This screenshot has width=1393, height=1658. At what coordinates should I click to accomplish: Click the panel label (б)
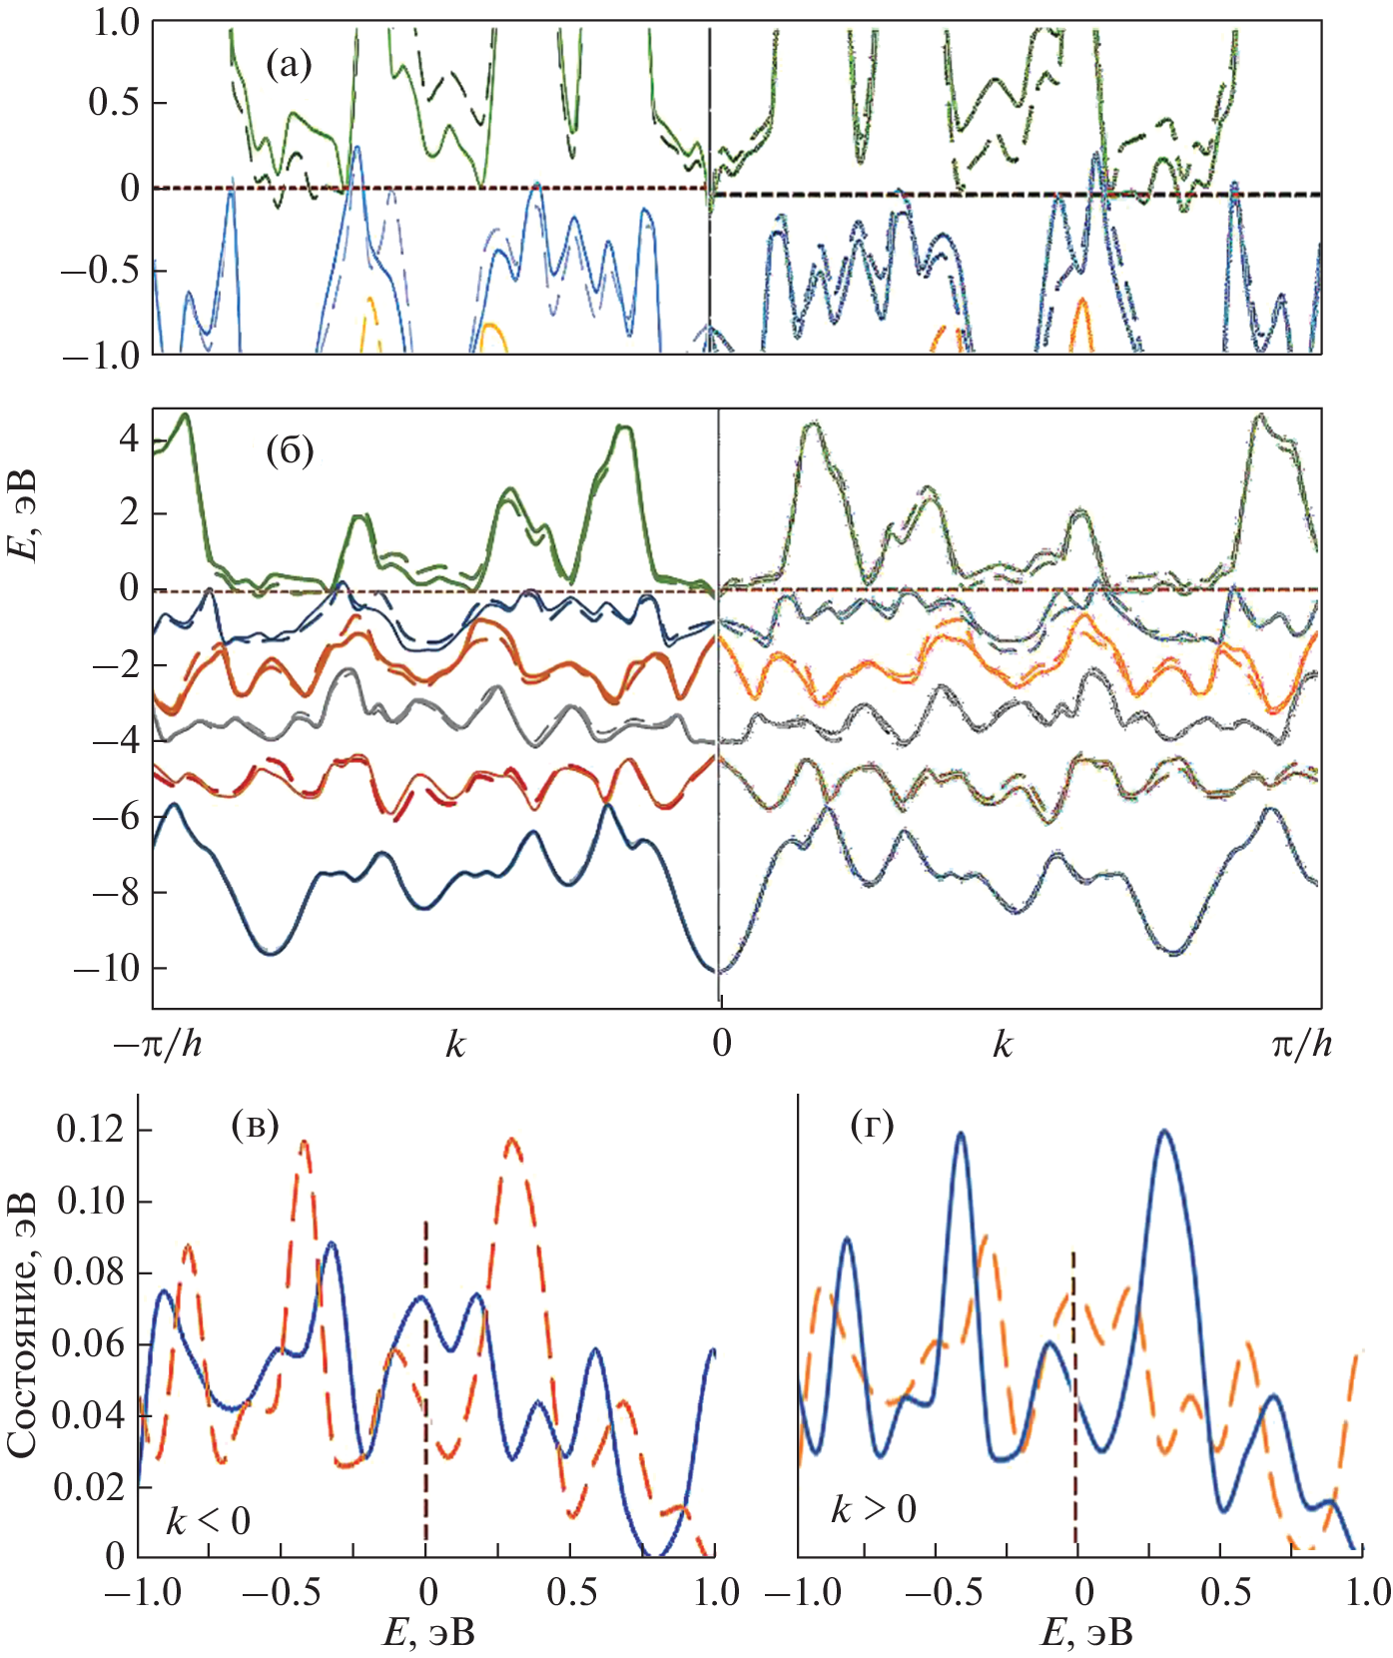click(x=290, y=451)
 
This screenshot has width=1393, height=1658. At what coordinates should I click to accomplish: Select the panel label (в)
click(x=255, y=1126)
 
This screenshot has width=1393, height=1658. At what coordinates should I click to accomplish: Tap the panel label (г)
click(x=872, y=1126)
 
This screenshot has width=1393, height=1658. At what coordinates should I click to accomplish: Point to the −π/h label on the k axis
click(x=158, y=1045)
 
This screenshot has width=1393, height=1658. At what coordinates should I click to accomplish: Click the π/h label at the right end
click(x=1301, y=1045)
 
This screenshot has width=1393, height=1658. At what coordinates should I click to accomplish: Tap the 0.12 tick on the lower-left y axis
click(x=90, y=1130)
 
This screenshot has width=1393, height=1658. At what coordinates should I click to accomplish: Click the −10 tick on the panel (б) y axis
click(x=105, y=968)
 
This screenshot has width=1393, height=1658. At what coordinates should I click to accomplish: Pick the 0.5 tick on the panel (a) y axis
click(x=114, y=103)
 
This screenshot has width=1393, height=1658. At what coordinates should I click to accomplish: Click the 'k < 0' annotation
click(x=208, y=1522)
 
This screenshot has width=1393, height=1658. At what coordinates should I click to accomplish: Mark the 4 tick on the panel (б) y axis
click(x=129, y=438)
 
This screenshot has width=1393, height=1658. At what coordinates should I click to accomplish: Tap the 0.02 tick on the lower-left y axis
click(x=90, y=1486)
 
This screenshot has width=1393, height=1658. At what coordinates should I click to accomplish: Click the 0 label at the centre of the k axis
click(x=722, y=1044)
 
